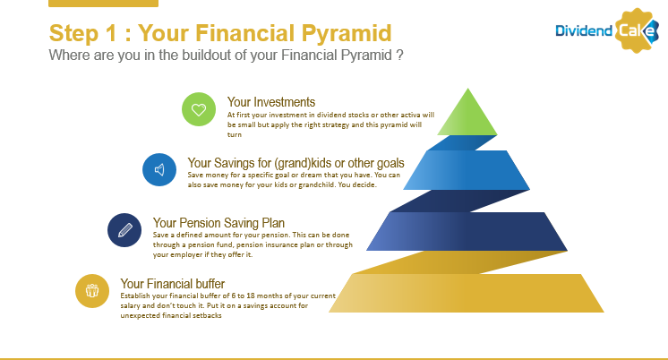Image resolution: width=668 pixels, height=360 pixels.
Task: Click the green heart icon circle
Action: point(199,109)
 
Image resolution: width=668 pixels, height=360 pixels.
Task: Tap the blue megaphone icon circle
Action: point(159,170)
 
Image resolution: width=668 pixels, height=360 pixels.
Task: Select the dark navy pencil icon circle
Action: point(124,230)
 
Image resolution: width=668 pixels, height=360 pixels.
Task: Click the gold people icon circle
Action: point(92,291)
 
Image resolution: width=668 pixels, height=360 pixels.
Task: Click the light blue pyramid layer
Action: point(467,170)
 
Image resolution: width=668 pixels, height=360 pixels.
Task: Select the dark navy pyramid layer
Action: point(467,231)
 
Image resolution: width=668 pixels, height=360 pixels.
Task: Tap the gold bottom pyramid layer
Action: point(467,293)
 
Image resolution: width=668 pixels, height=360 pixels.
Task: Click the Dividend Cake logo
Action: point(607,30)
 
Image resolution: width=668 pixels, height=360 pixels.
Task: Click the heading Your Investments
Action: point(271,102)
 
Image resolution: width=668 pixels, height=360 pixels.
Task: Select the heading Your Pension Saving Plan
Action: point(218,223)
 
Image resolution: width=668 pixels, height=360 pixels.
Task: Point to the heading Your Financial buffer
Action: point(173,284)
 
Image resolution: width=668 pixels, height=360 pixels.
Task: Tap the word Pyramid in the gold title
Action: point(347,33)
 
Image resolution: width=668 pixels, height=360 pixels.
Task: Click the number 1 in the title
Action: point(111,33)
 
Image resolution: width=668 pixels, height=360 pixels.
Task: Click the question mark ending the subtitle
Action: point(399,55)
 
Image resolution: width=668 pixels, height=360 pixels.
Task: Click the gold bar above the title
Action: point(104,4)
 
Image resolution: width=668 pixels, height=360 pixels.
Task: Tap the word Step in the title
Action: point(73,34)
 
